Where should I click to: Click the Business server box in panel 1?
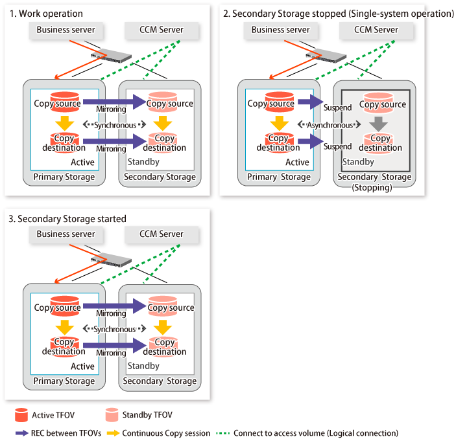coord(66,30)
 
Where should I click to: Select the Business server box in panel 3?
coord(66,234)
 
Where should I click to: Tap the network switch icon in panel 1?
coord(115,56)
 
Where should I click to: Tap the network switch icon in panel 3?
coord(115,261)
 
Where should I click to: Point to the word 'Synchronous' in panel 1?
coord(114,125)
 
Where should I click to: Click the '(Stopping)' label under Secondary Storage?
coord(375,188)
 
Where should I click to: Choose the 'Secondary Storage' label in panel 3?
coord(160,381)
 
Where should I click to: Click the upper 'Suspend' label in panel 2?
coord(337,107)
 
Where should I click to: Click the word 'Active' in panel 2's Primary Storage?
coord(297,163)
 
